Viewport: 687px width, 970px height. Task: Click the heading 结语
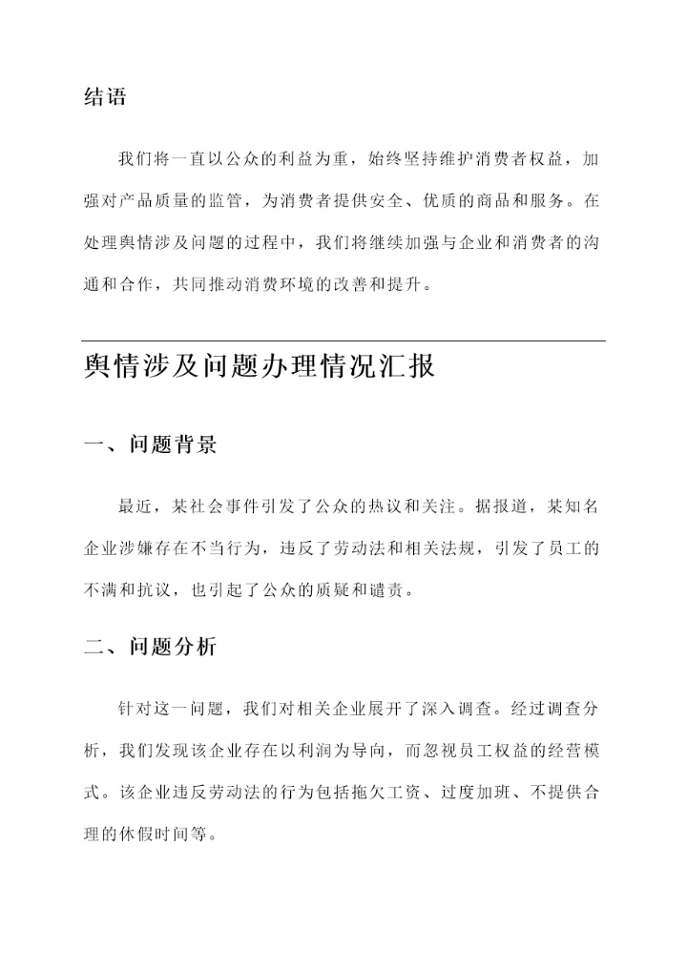point(105,97)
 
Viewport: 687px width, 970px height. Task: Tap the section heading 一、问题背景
point(150,445)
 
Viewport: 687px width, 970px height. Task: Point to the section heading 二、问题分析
point(150,647)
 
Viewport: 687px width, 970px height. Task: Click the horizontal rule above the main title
point(343,341)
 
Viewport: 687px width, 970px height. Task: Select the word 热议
point(401,505)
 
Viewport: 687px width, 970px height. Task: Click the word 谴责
point(391,589)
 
